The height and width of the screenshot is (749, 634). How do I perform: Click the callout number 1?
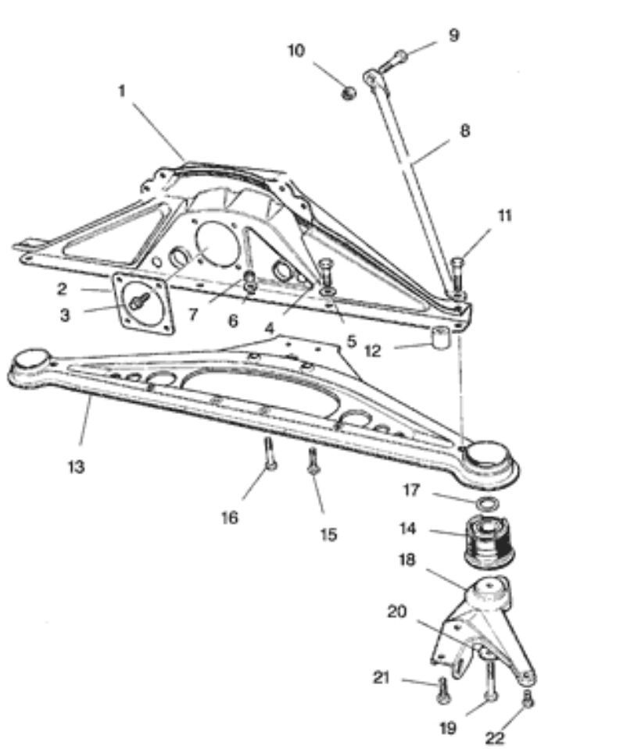pyautogui.click(x=122, y=91)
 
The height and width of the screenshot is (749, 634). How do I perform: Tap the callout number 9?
pyautogui.click(x=453, y=35)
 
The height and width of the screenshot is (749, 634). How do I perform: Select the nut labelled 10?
pyautogui.click(x=349, y=93)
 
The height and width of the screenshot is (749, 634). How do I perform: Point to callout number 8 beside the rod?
pyautogui.click(x=464, y=131)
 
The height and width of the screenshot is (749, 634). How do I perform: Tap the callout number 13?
pyautogui.click(x=76, y=467)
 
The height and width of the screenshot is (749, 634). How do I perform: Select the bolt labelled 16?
pyautogui.click(x=269, y=454)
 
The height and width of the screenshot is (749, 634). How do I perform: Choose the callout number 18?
pyautogui.click(x=407, y=560)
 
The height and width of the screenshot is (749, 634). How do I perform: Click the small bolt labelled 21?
pyautogui.click(x=442, y=688)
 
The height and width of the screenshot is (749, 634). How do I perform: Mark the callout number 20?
pyautogui.click(x=397, y=612)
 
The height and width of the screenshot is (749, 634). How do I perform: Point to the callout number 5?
pyautogui.click(x=351, y=341)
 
